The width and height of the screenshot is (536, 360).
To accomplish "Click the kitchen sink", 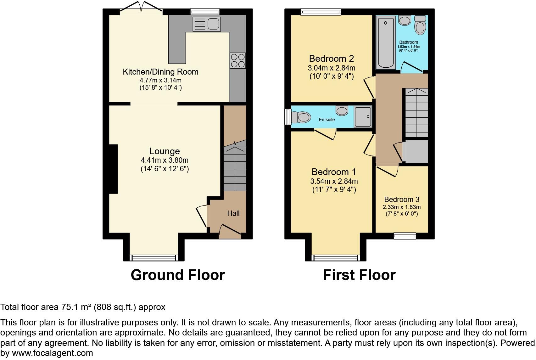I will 207,24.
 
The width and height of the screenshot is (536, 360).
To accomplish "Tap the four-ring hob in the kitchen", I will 237,61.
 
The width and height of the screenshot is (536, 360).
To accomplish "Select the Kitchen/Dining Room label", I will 160,72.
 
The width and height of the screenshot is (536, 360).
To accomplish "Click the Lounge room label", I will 165,151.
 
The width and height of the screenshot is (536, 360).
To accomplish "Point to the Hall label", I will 233,213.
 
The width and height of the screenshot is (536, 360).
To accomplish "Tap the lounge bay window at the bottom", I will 154,258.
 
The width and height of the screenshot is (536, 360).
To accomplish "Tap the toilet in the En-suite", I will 300,117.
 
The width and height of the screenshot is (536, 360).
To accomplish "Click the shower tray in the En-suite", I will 363,116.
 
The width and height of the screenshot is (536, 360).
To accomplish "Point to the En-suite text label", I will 327,120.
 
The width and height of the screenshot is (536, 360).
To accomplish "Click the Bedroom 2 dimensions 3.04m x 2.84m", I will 332,68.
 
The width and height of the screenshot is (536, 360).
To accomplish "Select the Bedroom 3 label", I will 401,200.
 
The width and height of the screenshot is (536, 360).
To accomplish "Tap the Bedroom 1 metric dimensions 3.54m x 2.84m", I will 334,181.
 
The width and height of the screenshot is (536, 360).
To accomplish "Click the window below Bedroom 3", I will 405,235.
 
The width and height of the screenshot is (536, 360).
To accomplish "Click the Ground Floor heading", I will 177,275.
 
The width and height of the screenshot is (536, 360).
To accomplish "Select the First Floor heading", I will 359,275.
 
